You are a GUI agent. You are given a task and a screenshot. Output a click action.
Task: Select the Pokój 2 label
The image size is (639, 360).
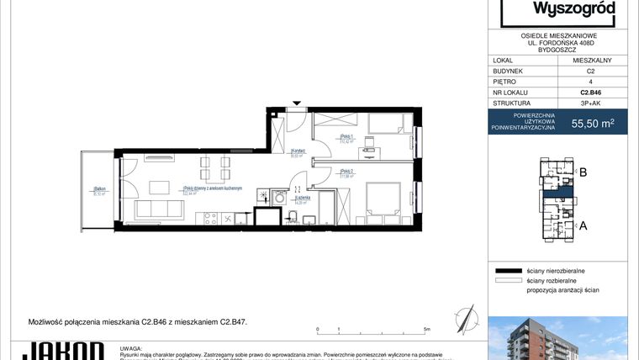tap(345, 174)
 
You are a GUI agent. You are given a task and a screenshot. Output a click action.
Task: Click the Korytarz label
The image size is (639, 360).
tap(297, 152)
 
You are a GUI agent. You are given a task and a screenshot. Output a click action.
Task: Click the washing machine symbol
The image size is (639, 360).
tap(265, 196)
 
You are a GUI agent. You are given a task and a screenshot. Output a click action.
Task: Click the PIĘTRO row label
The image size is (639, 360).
tap(507, 82)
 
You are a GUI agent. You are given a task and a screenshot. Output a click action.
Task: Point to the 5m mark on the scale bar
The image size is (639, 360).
tap(427, 331)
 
